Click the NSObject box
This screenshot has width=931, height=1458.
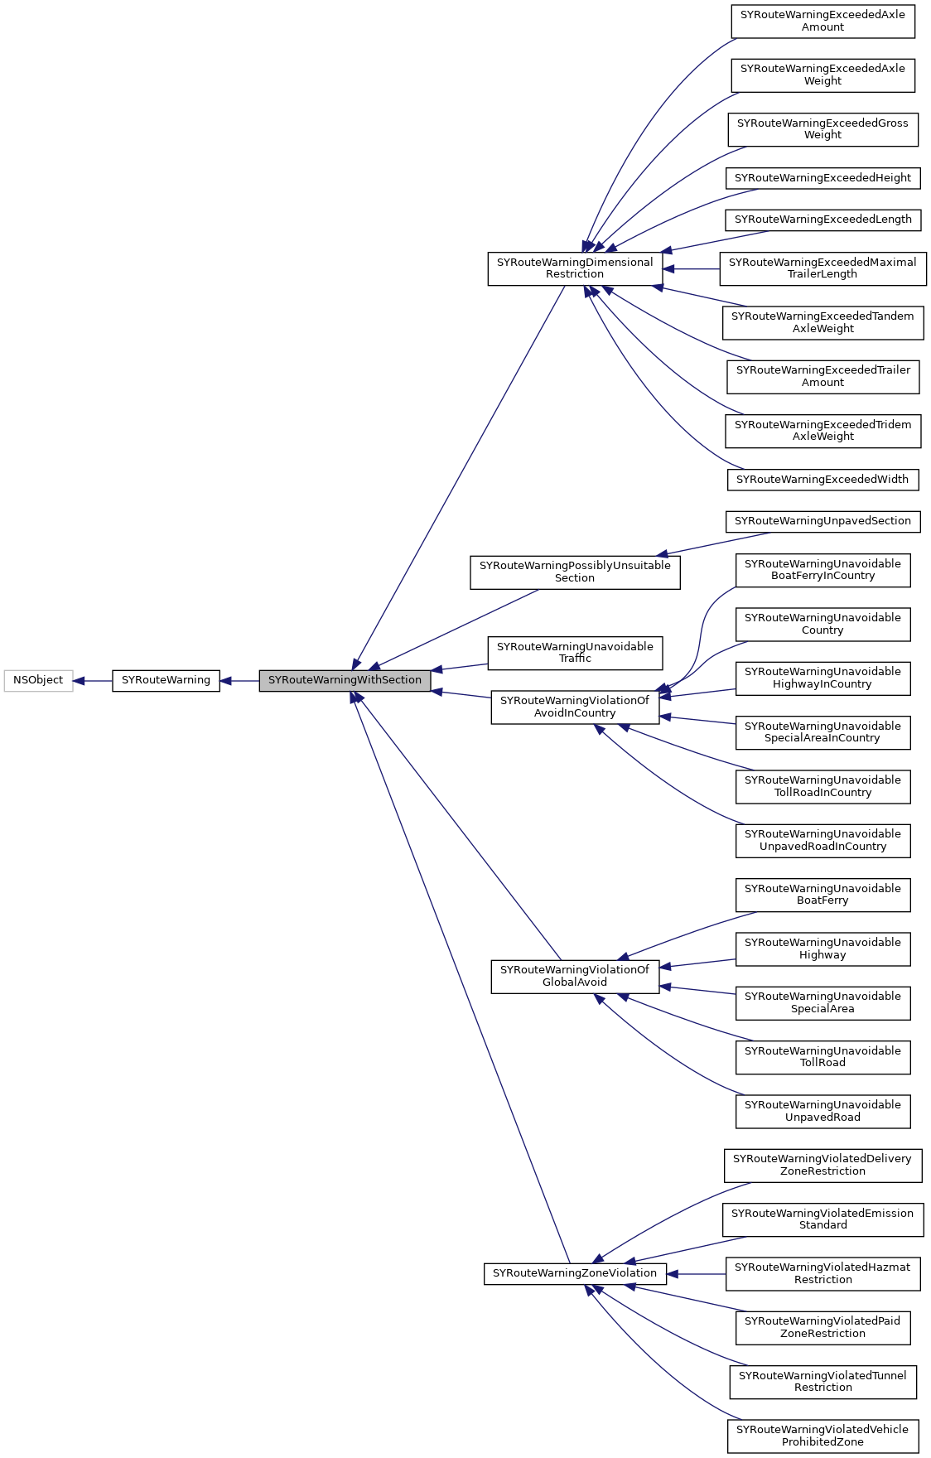[x=38, y=680]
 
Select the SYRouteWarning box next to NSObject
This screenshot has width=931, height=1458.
[x=166, y=680]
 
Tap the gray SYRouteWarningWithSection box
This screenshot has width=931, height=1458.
[x=345, y=680]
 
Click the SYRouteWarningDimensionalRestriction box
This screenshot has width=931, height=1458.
[x=575, y=268]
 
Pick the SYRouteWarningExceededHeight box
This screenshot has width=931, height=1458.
[x=822, y=178]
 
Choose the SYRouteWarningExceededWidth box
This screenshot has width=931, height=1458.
[x=822, y=480]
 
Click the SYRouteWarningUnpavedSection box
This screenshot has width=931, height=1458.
[x=822, y=521]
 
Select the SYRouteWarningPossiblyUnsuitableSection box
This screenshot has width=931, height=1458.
[x=575, y=572]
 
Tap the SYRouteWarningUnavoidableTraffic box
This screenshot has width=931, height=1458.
[x=575, y=653]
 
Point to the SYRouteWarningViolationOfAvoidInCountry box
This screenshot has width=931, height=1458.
[x=575, y=707]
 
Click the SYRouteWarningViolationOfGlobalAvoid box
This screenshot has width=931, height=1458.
[x=575, y=976]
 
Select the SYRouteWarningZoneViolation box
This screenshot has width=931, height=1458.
[x=575, y=1273]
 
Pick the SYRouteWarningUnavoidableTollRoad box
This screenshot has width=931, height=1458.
[x=822, y=1057]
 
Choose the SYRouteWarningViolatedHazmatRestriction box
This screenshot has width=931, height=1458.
[x=822, y=1273]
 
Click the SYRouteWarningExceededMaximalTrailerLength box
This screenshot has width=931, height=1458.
[x=822, y=268]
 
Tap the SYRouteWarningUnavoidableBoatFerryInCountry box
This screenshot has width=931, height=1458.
[x=822, y=570]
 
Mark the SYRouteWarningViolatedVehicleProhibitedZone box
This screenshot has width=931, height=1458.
[x=822, y=1436]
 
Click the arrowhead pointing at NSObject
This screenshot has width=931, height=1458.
[x=79, y=681]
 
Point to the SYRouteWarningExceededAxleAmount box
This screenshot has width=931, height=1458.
[x=822, y=21]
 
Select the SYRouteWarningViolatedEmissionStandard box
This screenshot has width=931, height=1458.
[x=822, y=1219]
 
